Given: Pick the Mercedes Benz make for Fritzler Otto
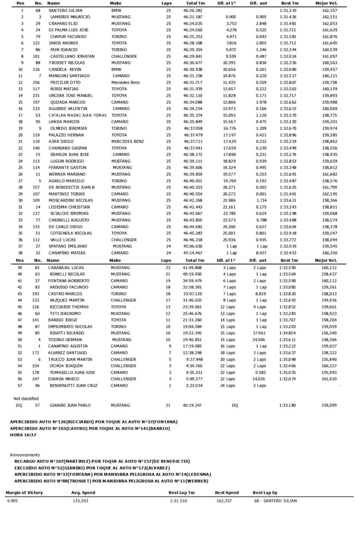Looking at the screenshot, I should pos(126,81).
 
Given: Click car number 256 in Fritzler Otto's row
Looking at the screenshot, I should pos(37,81).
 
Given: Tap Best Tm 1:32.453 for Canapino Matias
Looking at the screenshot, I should pos(288,253).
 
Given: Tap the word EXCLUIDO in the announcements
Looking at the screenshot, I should pos(26,468).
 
